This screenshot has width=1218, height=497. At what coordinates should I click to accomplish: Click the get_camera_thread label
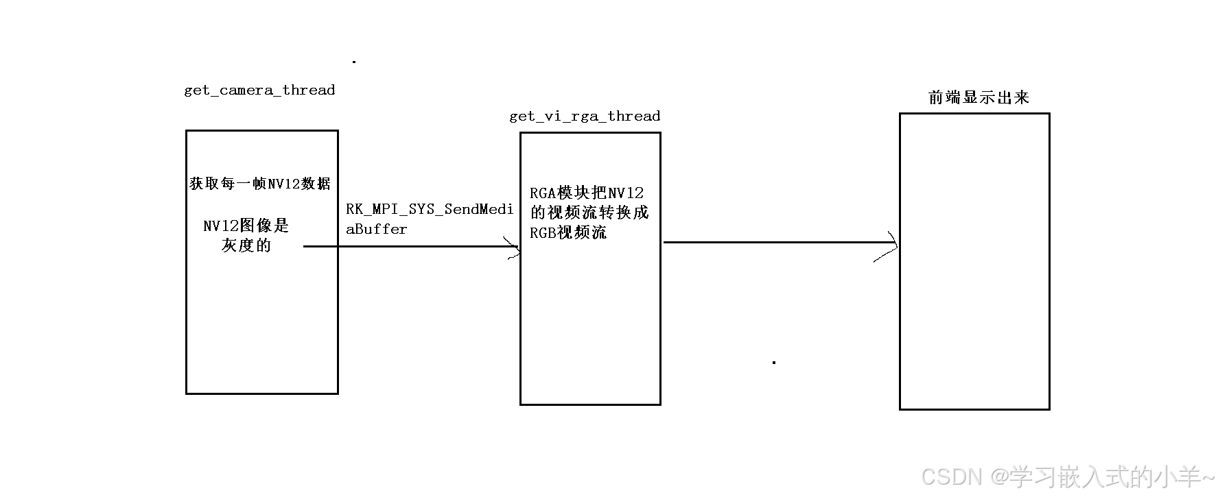(x=259, y=90)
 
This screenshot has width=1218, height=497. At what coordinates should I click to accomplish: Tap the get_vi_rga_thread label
(x=585, y=117)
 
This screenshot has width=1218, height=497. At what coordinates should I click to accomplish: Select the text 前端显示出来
(x=979, y=97)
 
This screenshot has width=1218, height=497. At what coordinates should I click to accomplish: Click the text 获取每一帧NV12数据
(x=260, y=184)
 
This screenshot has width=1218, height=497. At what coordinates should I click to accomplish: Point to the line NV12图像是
(x=246, y=226)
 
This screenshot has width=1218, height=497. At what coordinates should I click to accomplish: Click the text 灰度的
(x=246, y=245)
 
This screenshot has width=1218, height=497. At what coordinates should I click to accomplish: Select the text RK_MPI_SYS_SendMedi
(x=430, y=210)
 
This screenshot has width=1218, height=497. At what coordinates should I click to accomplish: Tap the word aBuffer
(x=376, y=230)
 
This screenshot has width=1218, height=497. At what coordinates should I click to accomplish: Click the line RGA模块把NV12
(x=587, y=193)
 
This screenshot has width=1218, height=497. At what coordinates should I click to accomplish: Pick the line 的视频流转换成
(x=589, y=213)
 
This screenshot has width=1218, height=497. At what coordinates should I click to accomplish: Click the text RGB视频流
(x=568, y=232)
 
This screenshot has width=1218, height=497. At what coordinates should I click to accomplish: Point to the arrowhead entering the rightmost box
(x=890, y=245)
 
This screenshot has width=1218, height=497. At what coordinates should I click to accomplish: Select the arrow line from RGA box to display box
(x=775, y=242)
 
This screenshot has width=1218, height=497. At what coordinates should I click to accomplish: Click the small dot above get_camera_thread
(x=354, y=62)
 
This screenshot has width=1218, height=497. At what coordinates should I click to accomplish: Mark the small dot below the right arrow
(x=774, y=362)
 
